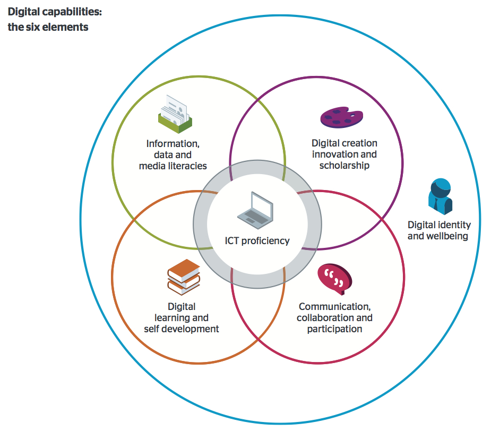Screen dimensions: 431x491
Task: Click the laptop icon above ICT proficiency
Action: coord(255,209)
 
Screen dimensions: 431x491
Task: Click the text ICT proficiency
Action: coord(257,241)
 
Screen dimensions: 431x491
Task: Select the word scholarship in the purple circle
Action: coord(344,166)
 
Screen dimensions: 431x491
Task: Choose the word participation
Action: coord(334,329)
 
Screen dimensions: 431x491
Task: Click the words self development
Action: coord(182,329)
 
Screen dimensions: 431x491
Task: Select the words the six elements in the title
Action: coord(48,27)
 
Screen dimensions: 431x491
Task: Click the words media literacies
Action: coord(173,166)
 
